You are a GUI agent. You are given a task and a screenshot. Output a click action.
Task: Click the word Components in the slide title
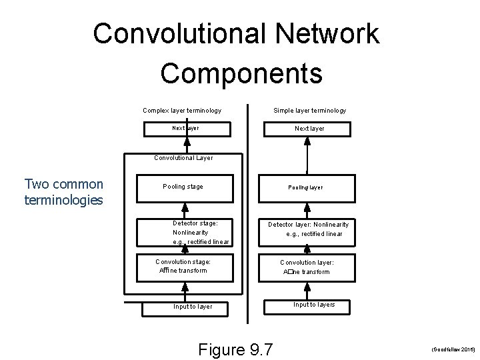tap(241, 73)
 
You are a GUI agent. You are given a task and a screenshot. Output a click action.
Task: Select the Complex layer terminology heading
tap(182, 111)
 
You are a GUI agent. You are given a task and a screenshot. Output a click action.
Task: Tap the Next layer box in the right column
tap(309, 128)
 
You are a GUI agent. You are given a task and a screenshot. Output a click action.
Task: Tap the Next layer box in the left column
tap(185, 128)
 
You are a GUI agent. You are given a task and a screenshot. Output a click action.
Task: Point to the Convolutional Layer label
tap(183, 158)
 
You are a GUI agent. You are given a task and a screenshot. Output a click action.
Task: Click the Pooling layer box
tap(305, 187)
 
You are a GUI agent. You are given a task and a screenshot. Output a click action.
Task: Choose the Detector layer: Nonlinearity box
tap(308, 229)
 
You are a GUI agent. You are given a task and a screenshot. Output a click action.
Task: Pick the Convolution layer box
tap(307, 267)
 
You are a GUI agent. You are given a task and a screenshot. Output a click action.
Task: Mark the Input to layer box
tap(193, 307)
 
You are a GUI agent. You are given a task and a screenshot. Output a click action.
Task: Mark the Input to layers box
tap(314, 305)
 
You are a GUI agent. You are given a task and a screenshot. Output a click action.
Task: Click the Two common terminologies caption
tap(64, 192)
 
